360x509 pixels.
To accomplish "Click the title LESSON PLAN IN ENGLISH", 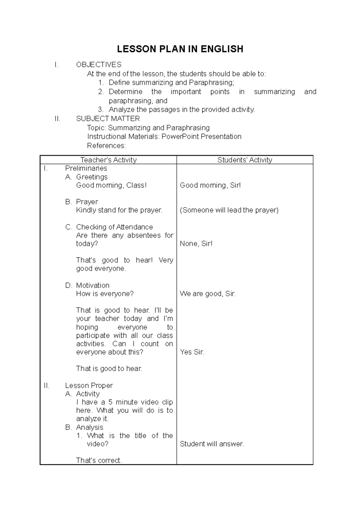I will click(180, 49).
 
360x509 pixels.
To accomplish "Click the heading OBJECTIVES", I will click(99, 65).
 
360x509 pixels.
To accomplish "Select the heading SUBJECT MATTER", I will click(108, 119).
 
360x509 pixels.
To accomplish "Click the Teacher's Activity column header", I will click(108, 160).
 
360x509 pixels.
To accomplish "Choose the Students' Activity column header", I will click(245, 160).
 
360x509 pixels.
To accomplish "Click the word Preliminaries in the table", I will click(86, 168).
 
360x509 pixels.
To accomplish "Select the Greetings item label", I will click(92, 177).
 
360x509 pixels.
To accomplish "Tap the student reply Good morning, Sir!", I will click(210, 185).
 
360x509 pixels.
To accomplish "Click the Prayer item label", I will click(87, 202).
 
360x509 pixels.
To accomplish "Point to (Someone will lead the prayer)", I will click(229, 210).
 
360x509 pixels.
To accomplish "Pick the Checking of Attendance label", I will click(114, 227).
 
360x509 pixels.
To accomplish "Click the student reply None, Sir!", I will click(196, 244).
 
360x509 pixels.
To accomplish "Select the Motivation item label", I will click(93, 285).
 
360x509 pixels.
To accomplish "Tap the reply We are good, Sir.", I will click(208, 294).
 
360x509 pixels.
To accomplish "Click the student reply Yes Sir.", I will click(192, 352).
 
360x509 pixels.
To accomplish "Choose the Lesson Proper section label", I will click(89, 385).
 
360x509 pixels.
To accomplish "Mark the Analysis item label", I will click(90, 427).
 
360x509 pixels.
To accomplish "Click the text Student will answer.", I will click(212, 444).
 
